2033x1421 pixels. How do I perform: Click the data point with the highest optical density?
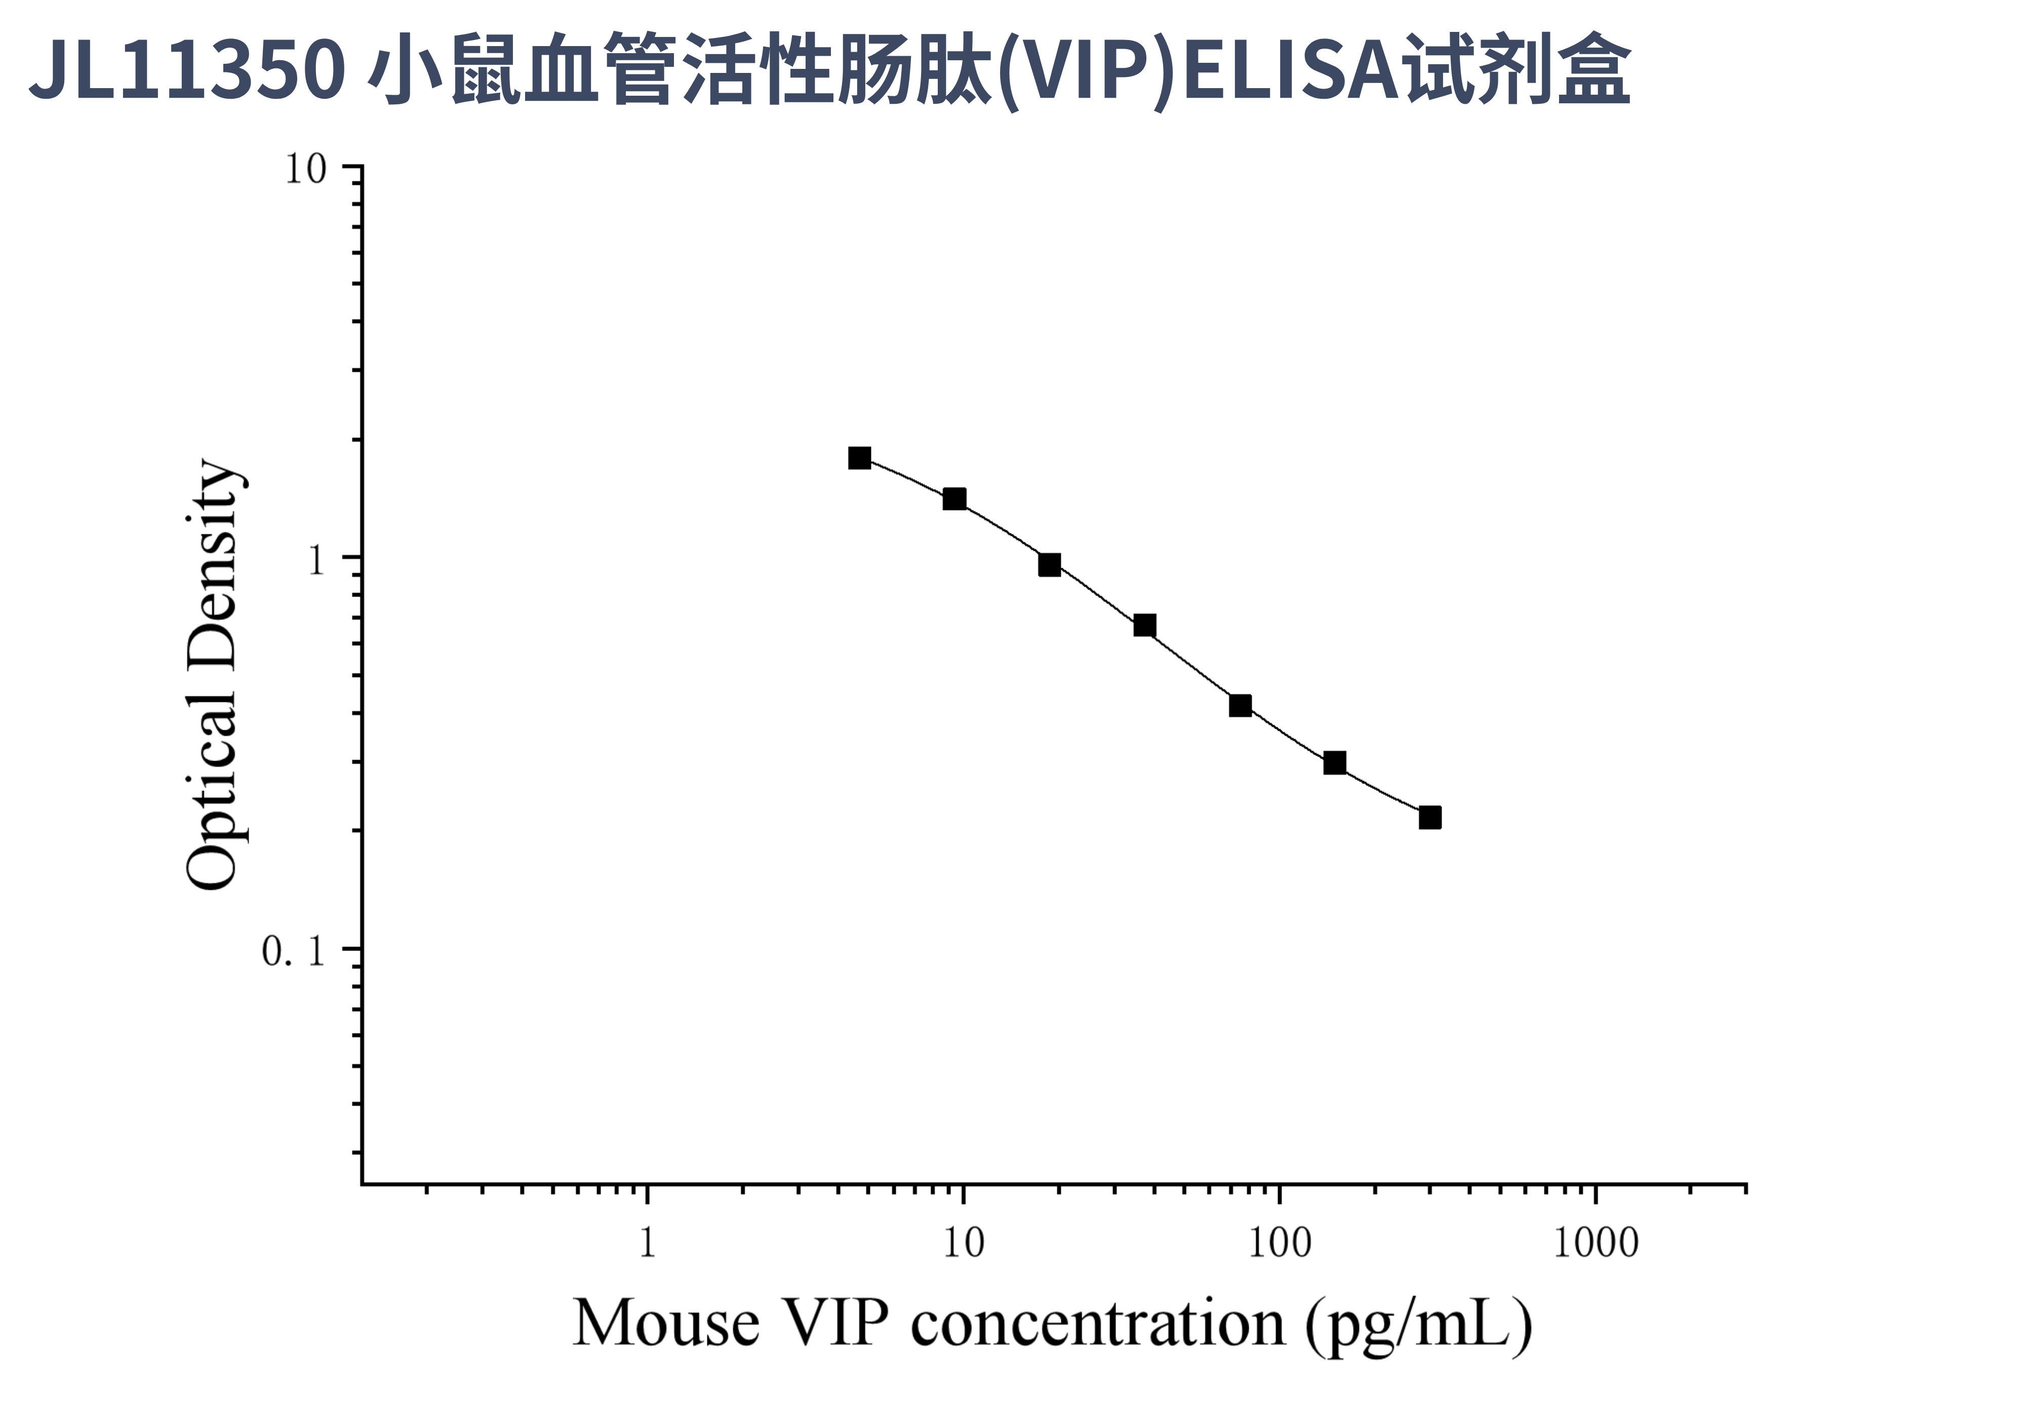click(859, 458)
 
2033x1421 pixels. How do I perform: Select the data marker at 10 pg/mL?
click(953, 499)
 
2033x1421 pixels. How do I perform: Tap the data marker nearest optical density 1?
click(1049, 565)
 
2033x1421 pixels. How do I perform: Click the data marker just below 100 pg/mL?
click(1240, 705)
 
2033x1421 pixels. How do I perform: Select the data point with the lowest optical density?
click(1429, 818)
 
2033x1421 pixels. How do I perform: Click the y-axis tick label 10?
click(305, 169)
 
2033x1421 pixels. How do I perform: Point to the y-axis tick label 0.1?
click(294, 952)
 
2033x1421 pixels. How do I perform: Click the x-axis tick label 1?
click(647, 1244)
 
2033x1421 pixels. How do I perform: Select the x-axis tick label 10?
click(963, 1244)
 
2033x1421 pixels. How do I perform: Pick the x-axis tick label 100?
click(1279, 1244)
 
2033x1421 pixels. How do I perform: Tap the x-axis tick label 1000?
click(1596, 1244)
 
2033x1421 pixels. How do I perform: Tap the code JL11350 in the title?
click(186, 69)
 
